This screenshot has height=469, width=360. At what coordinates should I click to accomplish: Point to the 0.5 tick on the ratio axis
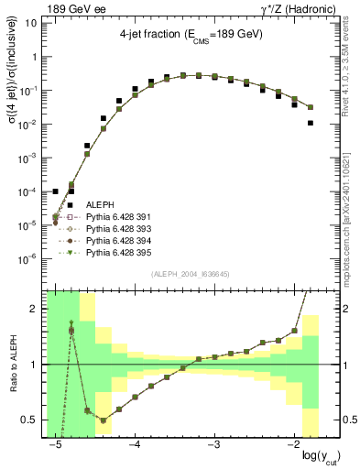click(33, 420)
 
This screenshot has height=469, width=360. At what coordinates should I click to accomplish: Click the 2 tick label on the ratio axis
click(38, 309)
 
